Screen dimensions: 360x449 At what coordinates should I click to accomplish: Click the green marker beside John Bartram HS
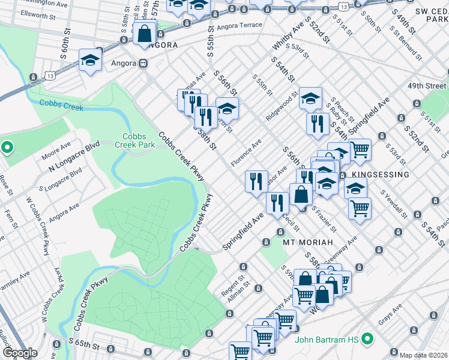(367, 340)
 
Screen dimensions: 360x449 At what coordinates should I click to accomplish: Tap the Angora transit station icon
(143, 63)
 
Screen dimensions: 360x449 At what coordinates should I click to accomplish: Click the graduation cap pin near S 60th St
(90, 61)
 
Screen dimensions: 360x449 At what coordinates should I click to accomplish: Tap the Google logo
(20, 353)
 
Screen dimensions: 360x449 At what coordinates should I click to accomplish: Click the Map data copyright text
(423, 355)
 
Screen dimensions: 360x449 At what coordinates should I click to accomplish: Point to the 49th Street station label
(427, 86)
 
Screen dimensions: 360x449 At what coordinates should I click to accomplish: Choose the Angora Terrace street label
(240, 25)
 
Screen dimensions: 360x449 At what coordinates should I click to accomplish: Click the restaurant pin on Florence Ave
(256, 181)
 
